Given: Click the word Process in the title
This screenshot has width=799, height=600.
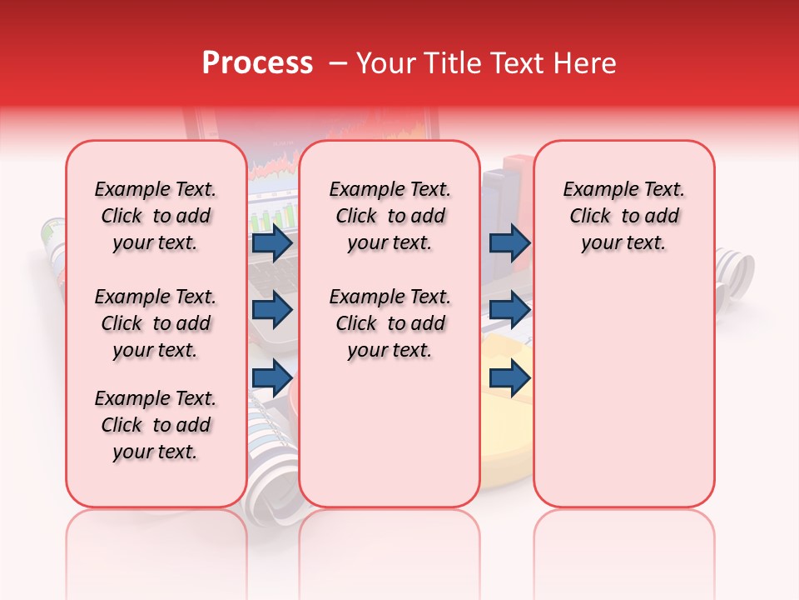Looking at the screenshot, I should pos(257,63).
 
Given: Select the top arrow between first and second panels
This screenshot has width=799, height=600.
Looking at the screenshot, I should pos(271,243).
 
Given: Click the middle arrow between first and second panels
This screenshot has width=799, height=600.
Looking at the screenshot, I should pos(271,310).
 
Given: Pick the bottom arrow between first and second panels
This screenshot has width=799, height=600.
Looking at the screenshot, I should pos(271,378).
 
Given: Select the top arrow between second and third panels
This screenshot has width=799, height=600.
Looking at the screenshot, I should pos(509,243).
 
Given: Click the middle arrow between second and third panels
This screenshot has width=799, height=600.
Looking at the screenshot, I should pos(509,310).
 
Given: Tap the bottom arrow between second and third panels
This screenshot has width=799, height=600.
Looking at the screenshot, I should pos(509,378).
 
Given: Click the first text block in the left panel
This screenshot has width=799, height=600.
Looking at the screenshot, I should pos(156,216).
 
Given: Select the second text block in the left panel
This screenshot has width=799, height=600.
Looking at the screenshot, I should pos(156,323).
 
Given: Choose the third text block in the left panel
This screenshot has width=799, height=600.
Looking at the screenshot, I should pos(156,425).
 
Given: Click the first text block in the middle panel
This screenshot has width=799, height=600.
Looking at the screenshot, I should pos(390,216).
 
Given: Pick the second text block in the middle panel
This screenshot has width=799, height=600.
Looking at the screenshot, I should pos(390,323).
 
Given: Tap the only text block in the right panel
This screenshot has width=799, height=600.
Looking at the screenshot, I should pos(623,216).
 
